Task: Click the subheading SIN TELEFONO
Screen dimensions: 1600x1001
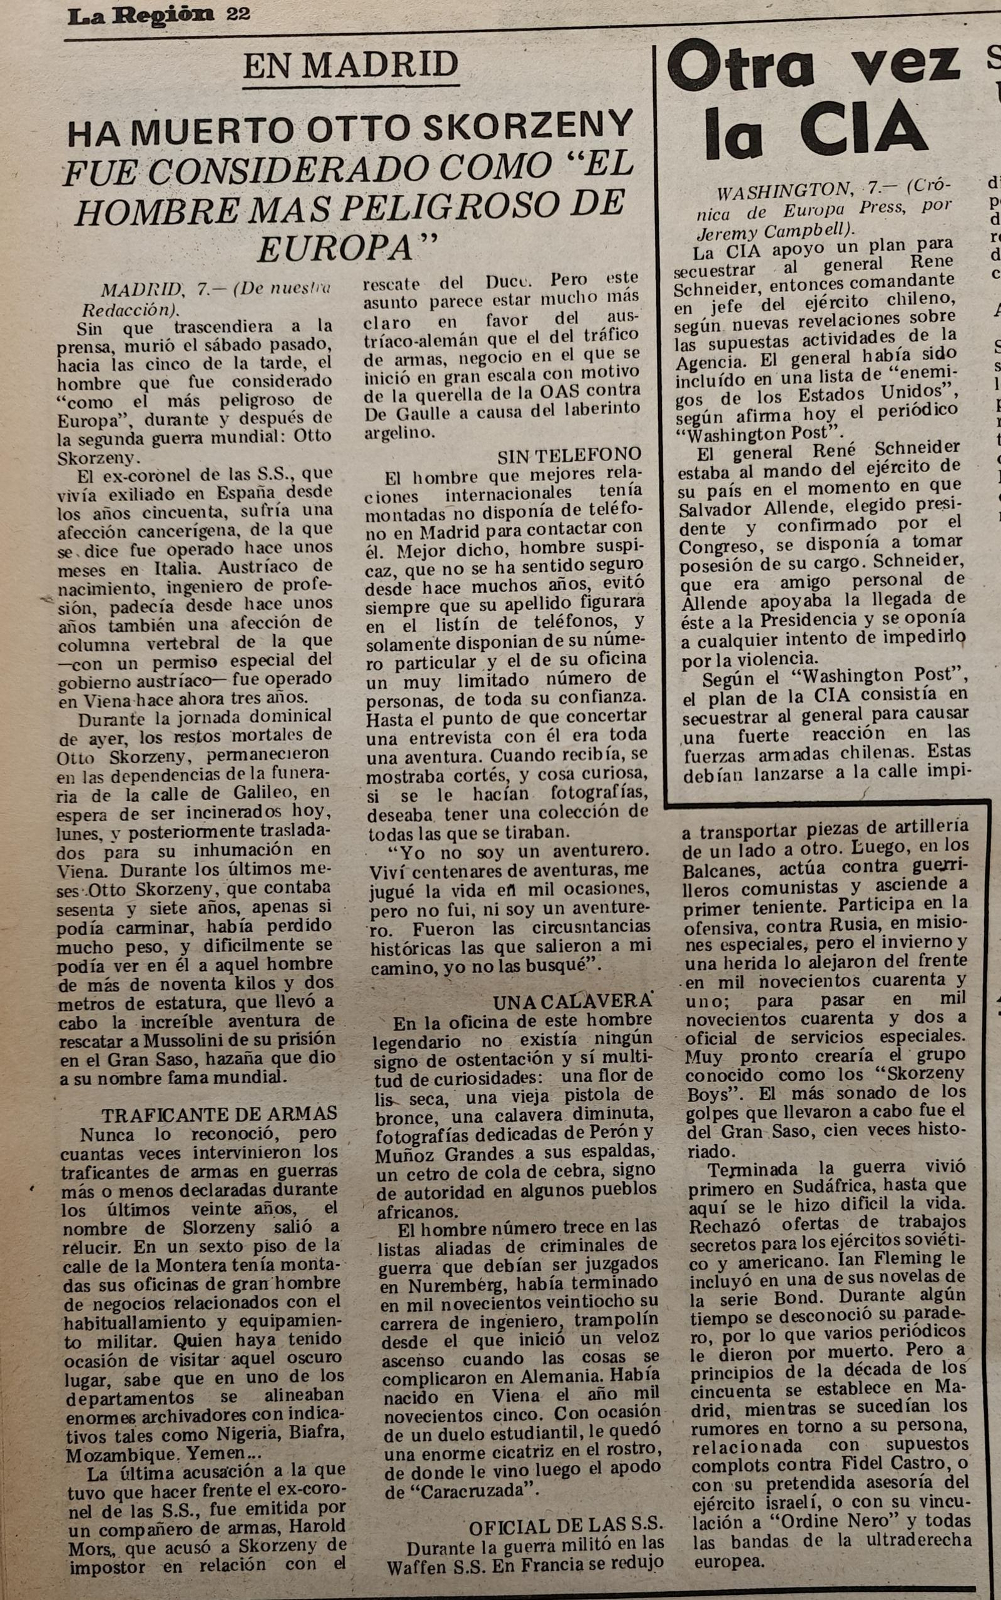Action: click(x=569, y=454)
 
